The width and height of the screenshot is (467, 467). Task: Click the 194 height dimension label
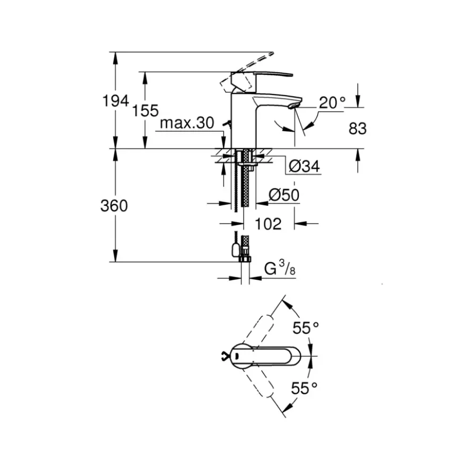coord(116,101)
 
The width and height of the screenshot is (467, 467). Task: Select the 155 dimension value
coord(145,111)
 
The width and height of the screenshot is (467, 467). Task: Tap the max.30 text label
coord(187,123)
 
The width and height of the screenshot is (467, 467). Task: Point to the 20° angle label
coord(332,103)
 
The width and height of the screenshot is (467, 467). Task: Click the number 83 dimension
coord(357,128)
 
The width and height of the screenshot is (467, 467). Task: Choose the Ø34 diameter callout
coord(304,166)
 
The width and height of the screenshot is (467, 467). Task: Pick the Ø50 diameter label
coord(284,195)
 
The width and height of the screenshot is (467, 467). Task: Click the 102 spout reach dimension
coord(268,224)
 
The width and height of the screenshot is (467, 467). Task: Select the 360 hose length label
coord(114,205)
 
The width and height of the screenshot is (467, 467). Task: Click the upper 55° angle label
coord(306,328)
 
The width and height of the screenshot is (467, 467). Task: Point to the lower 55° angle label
coord(304,388)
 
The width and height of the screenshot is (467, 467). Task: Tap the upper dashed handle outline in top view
coord(257,330)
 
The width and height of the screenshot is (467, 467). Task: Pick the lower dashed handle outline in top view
coord(257,380)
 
